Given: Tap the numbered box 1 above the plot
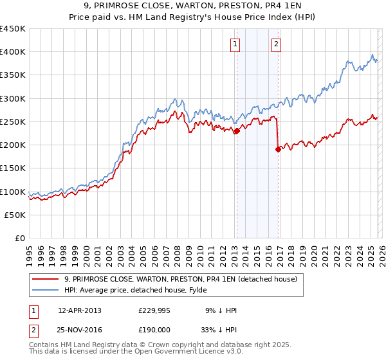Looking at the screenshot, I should pyautogui.click(x=235, y=44).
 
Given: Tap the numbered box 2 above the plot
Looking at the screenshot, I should pyautogui.click(x=276, y=44).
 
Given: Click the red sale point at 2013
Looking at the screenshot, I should pyautogui.click(x=237, y=131).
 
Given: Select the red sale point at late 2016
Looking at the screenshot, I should pyautogui.click(x=278, y=149).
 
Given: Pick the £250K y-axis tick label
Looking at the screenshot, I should pyautogui.click(x=13, y=122).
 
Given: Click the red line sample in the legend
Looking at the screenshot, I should pyautogui.click(x=46, y=279).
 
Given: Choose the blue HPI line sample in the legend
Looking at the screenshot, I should pyautogui.click(x=46, y=290).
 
